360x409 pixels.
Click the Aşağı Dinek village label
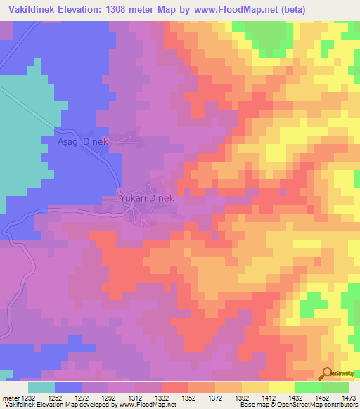coord(82,141)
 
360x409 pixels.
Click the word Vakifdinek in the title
coord(30,9)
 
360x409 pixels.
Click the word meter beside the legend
coord(8,397)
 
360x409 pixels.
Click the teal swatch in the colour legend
coord(41,387)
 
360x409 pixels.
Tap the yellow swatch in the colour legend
coord(281,387)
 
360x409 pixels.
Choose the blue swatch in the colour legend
coord(68,387)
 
